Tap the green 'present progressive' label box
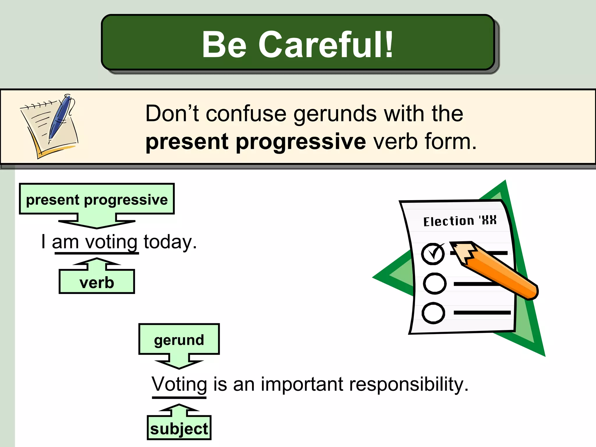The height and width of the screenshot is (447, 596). pos(97,199)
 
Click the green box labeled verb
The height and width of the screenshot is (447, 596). pos(97,282)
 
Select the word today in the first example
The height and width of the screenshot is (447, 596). pos(170,242)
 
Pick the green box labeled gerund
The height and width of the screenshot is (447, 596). pos(179,340)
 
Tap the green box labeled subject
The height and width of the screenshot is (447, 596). pos(179,429)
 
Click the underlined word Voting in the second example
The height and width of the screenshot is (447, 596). pos(179,385)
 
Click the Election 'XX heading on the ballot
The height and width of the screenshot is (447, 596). pos(460,221)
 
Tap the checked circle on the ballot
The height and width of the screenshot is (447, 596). pos(433,254)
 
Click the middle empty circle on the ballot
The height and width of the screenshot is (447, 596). pos(434,283)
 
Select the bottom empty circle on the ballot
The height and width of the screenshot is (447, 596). pos(433,313)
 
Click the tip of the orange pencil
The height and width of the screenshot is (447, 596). pos(453,244)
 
